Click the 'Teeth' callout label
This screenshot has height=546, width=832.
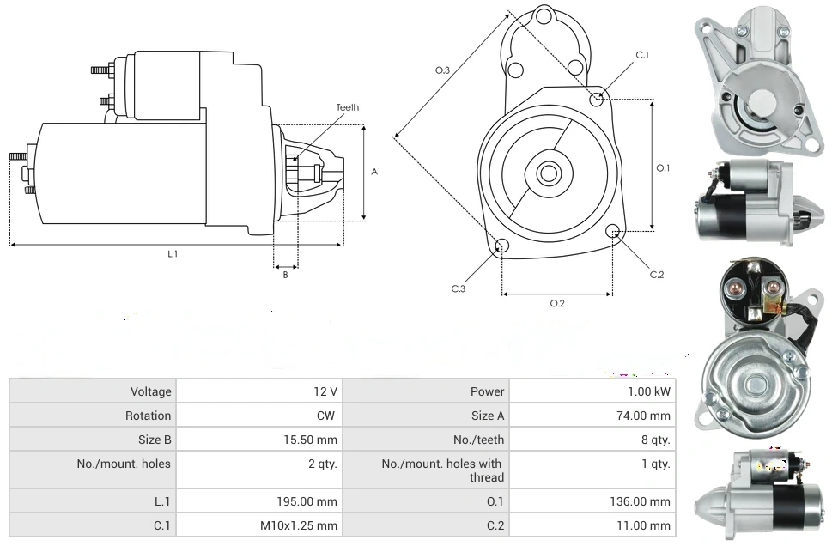pyautogui.click(x=347, y=107)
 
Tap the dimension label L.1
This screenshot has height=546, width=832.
pyautogui.click(x=173, y=253)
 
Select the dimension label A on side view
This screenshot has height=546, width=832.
pyautogui.click(x=373, y=172)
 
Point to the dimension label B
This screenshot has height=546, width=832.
pyautogui.click(x=285, y=275)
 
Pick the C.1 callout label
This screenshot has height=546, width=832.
pyautogui.click(x=641, y=55)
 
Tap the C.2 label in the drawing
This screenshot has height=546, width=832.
pyautogui.click(x=657, y=275)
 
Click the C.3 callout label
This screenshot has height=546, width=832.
pyautogui.click(x=459, y=288)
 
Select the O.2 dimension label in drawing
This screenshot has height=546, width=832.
pyautogui.click(x=556, y=303)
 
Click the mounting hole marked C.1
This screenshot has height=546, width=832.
pyautogui.click(x=597, y=100)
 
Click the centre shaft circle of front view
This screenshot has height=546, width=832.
pyautogui.click(x=547, y=173)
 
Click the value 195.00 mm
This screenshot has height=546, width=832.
pyautogui.click(x=313, y=501)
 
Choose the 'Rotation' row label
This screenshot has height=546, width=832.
pyautogui.click(x=149, y=416)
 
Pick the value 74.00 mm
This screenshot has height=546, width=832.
pyautogui.click(x=649, y=416)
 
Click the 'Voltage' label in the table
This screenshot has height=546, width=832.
pyautogui.click(x=151, y=391)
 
